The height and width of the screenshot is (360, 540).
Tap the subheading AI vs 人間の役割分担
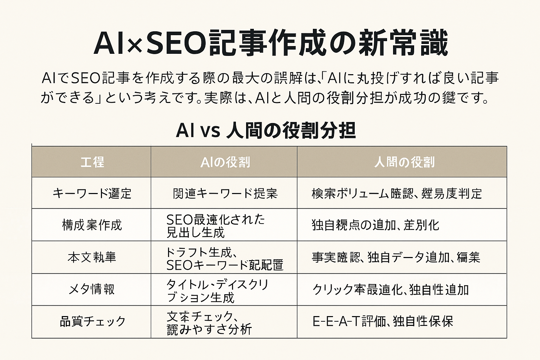pyautogui.click(x=266, y=130)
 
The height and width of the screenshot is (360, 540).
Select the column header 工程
pyautogui.click(x=92, y=162)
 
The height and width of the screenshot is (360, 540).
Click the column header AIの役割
pyautogui.click(x=225, y=162)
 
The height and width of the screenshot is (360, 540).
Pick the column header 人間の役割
pyautogui.click(x=404, y=162)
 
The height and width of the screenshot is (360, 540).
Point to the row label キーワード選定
pyautogui.click(x=92, y=193)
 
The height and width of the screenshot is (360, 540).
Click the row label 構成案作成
pyautogui.click(x=92, y=225)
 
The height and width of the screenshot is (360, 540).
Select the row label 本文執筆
pyautogui.click(x=92, y=257)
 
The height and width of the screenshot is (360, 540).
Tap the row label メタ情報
pyautogui.click(x=92, y=289)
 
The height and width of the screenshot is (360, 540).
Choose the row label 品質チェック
pyautogui.click(x=92, y=321)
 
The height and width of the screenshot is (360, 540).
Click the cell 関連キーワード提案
pyautogui.click(x=225, y=193)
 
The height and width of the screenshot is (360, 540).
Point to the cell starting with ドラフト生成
pyautogui.click(x=224, y=258)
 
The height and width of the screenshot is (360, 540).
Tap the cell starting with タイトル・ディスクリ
pyautogui.click(x=217, y=290)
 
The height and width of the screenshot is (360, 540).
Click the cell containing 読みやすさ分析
pyautogui.click(x=209, y=322)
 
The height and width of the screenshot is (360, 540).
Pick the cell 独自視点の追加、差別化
pyautogui.click(x=375, y=225)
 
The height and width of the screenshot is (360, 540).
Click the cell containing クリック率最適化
pyautogui.click(x=390, y=289)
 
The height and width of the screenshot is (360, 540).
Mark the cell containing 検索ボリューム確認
pyautogui.click(x=397, y=193)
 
